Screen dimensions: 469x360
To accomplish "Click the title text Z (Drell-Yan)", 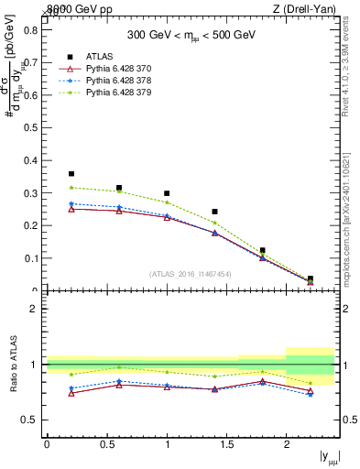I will click(x=304, y=9).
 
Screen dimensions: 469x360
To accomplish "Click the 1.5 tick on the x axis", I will click(x=226, y=444).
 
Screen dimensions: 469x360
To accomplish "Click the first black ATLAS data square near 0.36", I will click(x=71, y=173).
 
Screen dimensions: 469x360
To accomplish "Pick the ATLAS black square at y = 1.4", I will click(x=214, y=212).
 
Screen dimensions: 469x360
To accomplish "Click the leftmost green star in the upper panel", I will click(x=71, y=188).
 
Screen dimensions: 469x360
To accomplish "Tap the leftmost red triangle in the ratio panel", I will click(x=71, y=393).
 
